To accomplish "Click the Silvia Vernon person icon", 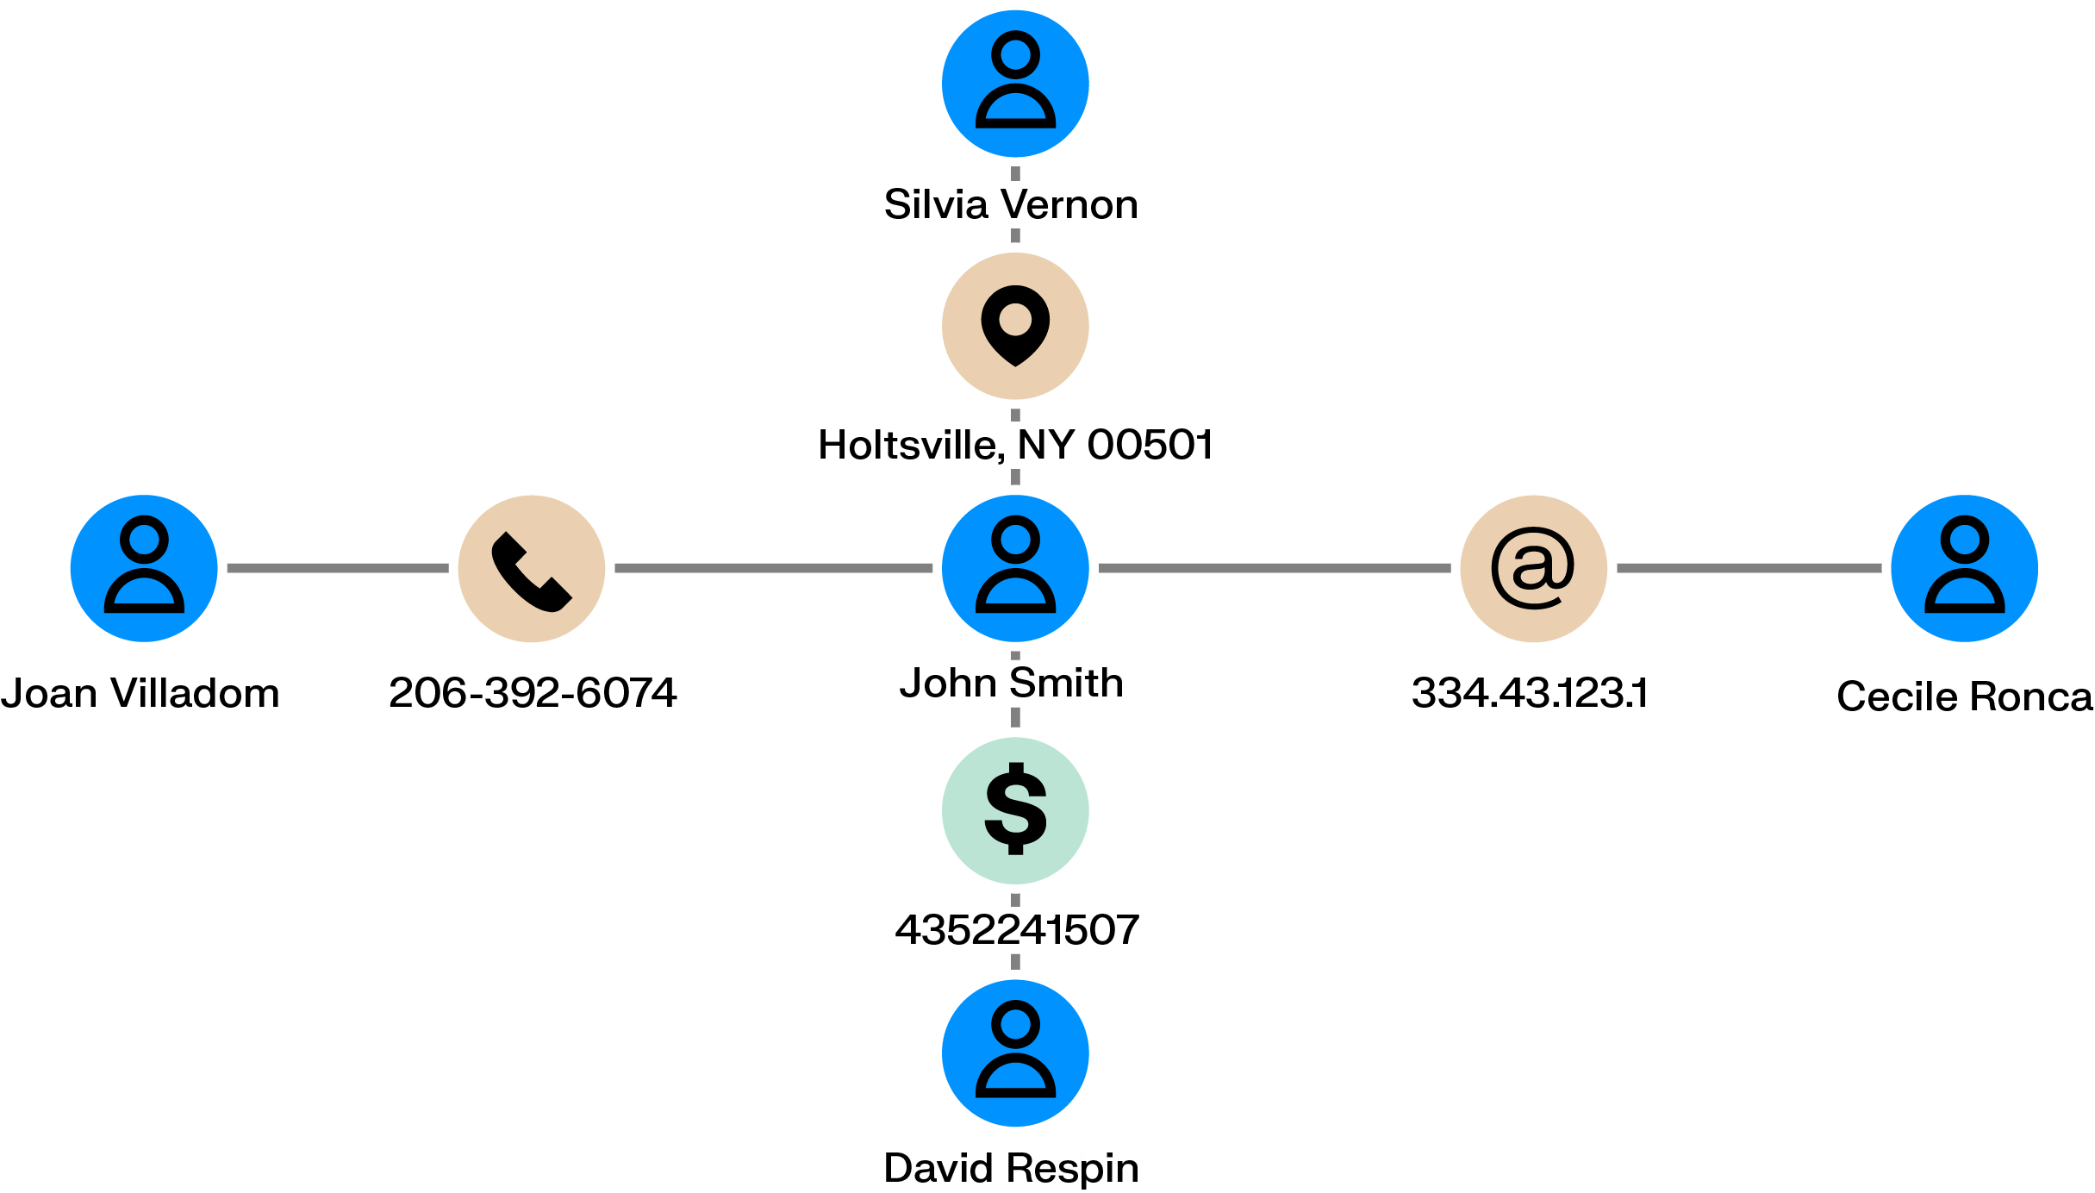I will pyautogui.click(x=1015, y=84).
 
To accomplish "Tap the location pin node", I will pyautogui.click(x=1015, y=326).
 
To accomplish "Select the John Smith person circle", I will pyautogui.click(x=1015, y=568).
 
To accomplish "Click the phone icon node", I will pyautogui.click(x=532, y=568).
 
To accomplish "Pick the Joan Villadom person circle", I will pyautogui.click(x=144, y=568).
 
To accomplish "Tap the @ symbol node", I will pyautogui.click(x=1534, y=568).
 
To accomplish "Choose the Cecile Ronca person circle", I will pyautogui.click(x=1964, y=568).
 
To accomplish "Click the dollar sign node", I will pyautogui.click(x=1015, y=810).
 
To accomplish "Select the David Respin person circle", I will pyautogui.click(x=1015, y=1052).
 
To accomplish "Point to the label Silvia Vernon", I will pyautogui.click(x=1011, y=205).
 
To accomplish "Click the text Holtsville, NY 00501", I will pyautogui.click(x=1015, y=446).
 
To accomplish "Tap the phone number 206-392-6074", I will pyautogui.click(x=533, y=693).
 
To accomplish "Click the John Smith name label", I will pyautogui.click(x=1011, y=684).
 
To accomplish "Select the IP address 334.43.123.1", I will pyautogui.click(x=1530, y=693).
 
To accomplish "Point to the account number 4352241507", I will pyautogui.click(x=1017, y=930).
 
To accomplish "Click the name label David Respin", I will pyautogui.click(x=1011, y=1169).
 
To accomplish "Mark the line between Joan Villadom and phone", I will pyautogui.click(x=338, y=568).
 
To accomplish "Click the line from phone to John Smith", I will pyautogui.click(x=773, y=568).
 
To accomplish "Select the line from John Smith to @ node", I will pyautogui.click(x=1275, y=568).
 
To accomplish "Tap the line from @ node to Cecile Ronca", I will pyautogui.click(x=1749, y=568).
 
